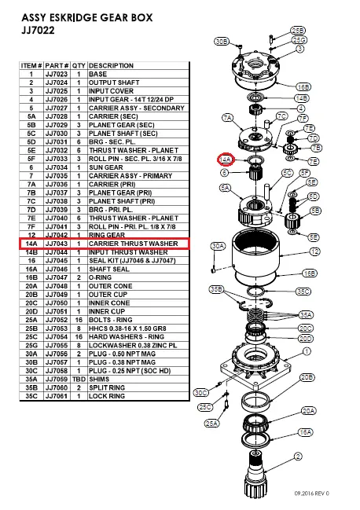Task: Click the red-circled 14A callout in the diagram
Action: [x=225, y=160]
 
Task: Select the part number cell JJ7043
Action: [x=57, y=244]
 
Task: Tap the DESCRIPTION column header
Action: [x=111, y=66]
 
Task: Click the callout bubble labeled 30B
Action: [x=222, y=42]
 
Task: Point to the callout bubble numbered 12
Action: [x=314, y=251]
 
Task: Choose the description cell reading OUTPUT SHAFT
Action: [x=114, y=83]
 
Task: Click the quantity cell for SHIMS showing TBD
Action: [x=79, y=380]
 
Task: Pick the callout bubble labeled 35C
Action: [x=303, y=292]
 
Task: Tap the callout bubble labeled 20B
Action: [x=307, y=378]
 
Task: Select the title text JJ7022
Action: [x=38, y=30]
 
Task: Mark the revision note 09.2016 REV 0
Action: [x=312, y=493]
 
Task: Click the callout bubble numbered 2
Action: [x=298, y=457]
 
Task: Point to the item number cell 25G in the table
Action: [x=31, y=346]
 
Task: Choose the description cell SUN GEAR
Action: [x=106, y=167]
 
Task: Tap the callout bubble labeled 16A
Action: [x=306, y=432]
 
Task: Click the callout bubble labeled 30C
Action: [x=200, y=393]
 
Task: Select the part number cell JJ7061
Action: [x=57, y=396]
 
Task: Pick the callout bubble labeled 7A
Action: [x=228, y=118]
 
